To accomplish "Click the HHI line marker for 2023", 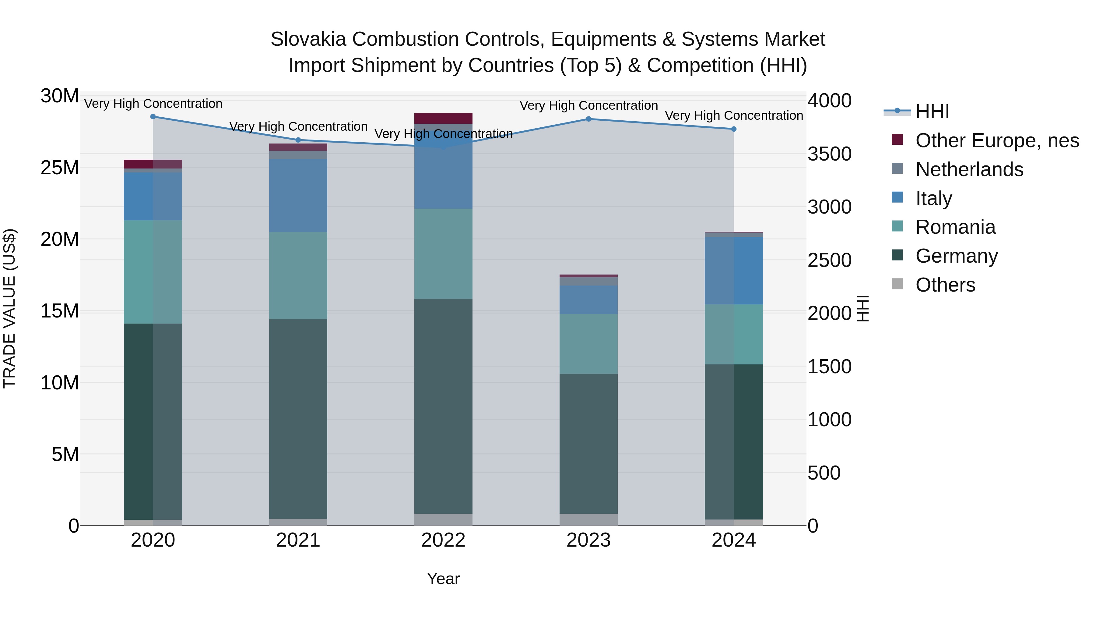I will pos(588,119).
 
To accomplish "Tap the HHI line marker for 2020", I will pos(153,117).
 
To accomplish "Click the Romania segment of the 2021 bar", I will pos(298,275).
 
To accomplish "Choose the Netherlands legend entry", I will pos(969,169).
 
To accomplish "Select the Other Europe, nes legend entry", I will pos(997,140).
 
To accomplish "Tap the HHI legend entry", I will pos(932,112).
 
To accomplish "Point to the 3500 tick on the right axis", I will pos(829,154).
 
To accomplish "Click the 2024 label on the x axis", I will pos(733,540).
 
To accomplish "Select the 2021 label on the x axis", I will pos(298,540).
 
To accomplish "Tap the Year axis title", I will pos(443,579).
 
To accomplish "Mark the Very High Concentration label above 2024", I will pos(733,115).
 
